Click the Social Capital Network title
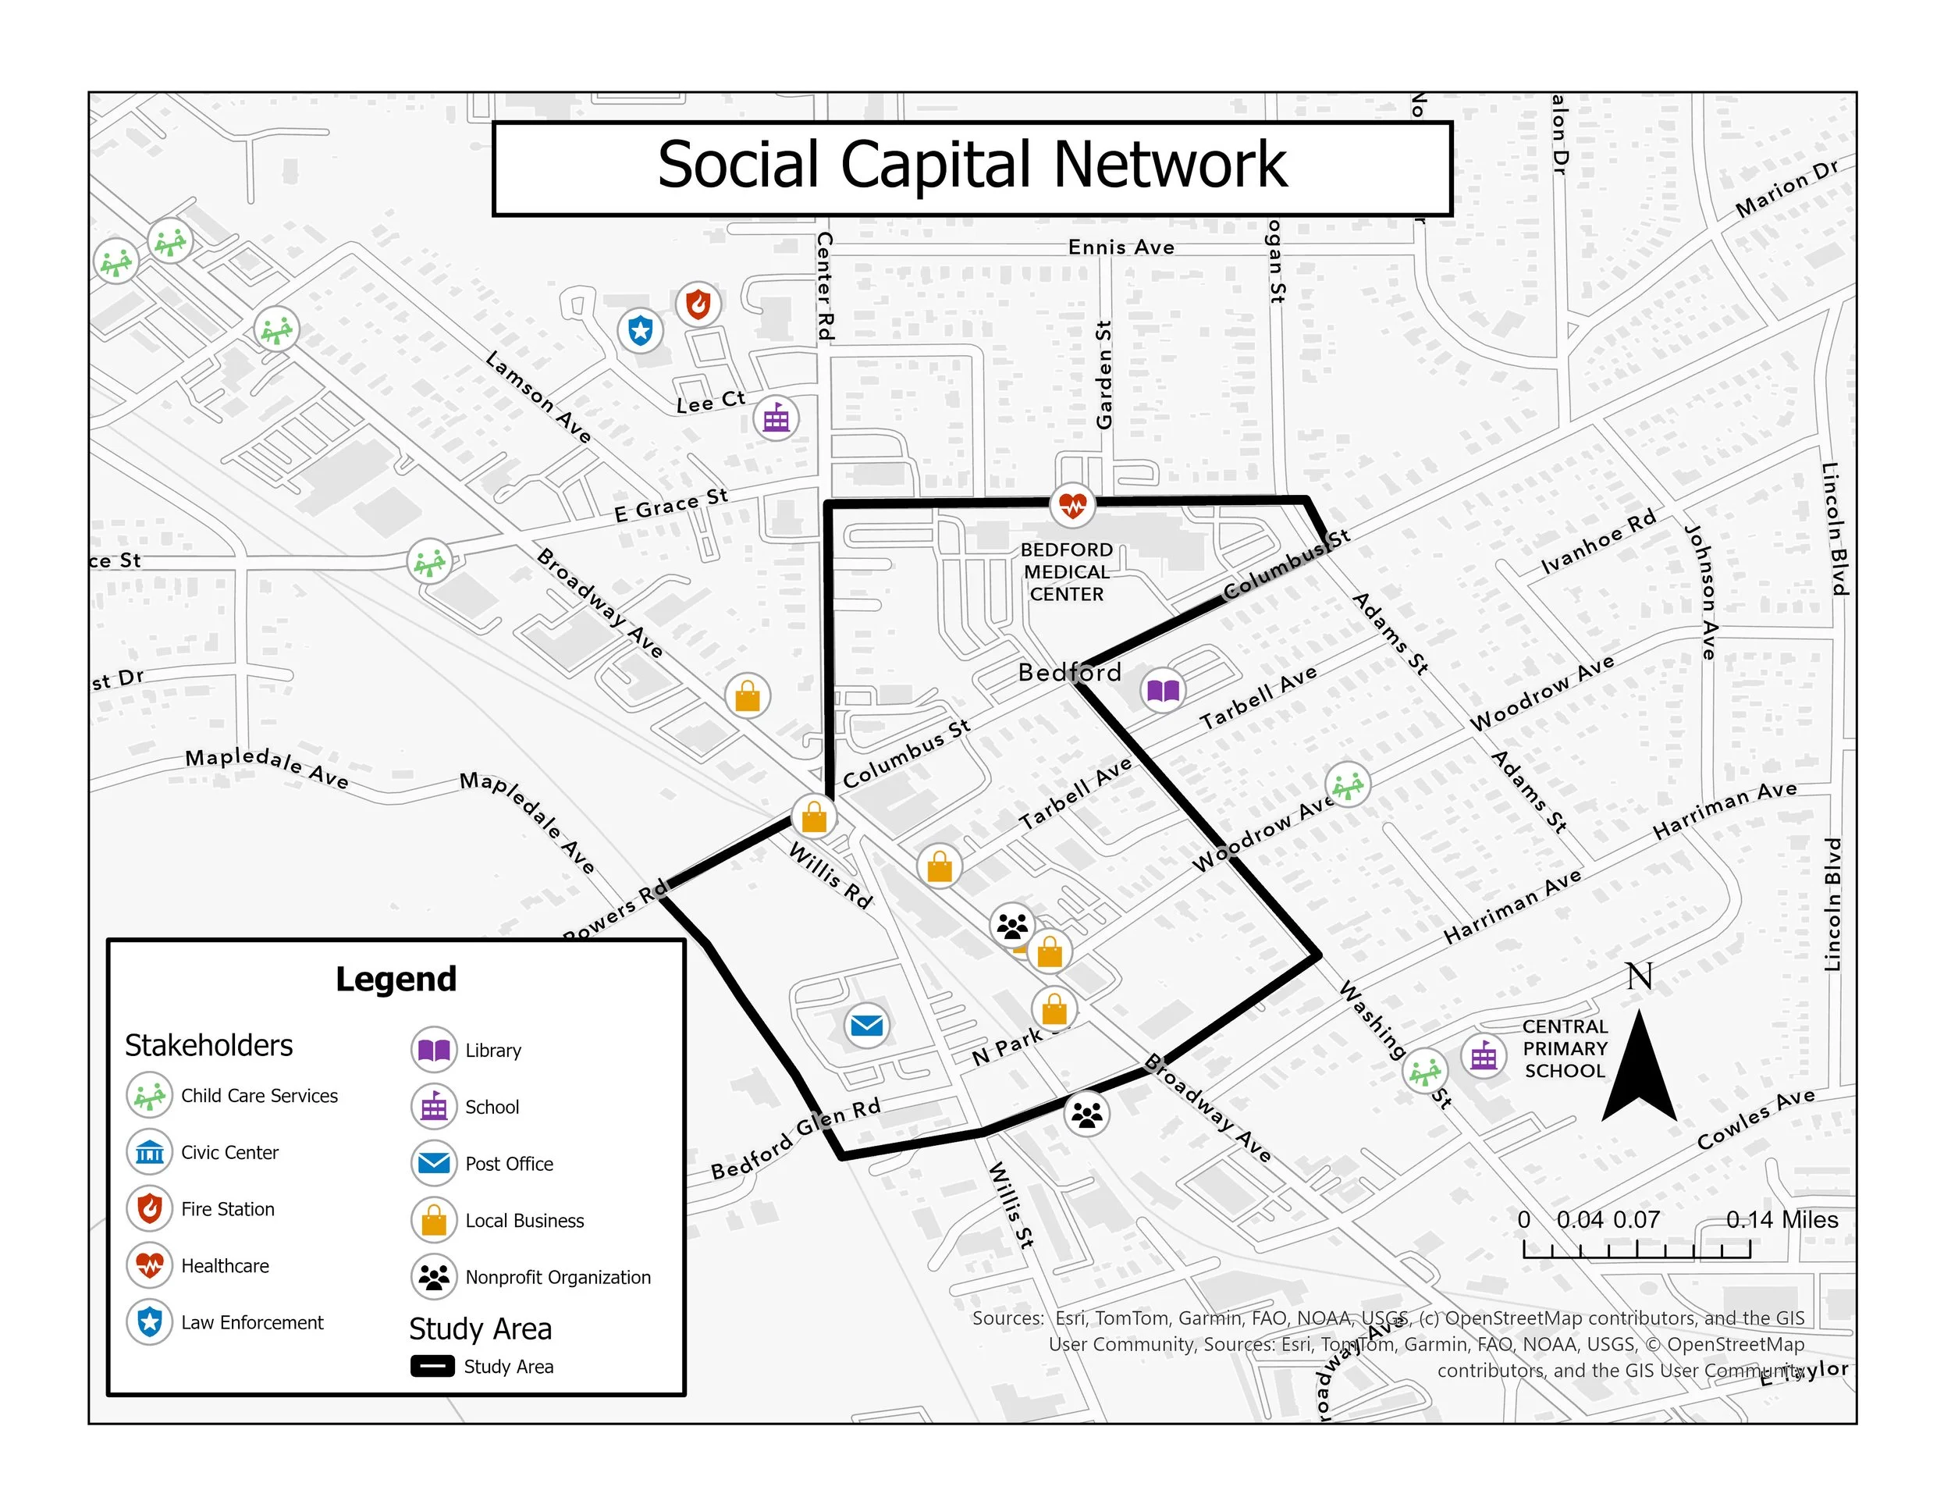972,166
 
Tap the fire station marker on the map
698,304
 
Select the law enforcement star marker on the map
641,330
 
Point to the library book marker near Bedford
1162,690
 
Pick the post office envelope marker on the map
865,1025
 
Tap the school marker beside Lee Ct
776,418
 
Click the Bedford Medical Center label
1067,572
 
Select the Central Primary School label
1564,1049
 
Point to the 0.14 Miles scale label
1782,1220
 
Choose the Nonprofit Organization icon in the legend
434,1278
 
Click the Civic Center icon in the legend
149,1152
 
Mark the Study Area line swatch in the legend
432,1366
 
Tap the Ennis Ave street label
1121,247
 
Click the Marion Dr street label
1786,189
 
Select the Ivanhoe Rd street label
1598,542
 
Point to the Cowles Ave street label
1755,1119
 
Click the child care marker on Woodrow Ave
1347,785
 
